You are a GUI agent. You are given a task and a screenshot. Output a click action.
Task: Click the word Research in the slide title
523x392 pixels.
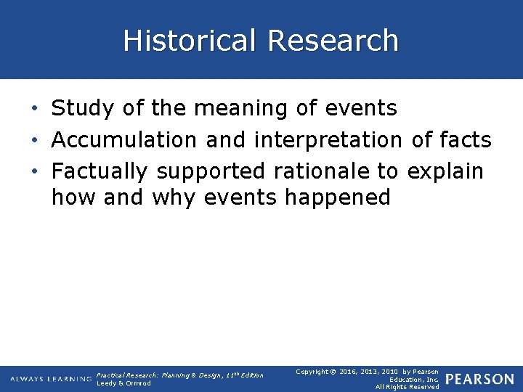(x=333, y=41)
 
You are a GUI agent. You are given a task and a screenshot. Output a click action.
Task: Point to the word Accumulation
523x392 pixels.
(x=123, y=139)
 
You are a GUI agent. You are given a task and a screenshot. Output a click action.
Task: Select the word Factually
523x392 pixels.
(x=100, y=171)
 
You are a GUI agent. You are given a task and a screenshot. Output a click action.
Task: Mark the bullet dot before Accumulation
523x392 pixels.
(x=36, y=141)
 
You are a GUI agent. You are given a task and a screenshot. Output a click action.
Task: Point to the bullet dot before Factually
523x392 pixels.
(x=36, y=172)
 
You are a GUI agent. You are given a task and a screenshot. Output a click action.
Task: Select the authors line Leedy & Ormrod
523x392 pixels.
(x=123, y=383)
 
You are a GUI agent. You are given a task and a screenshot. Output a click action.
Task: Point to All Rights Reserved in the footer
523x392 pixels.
(x=407, y=387)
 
